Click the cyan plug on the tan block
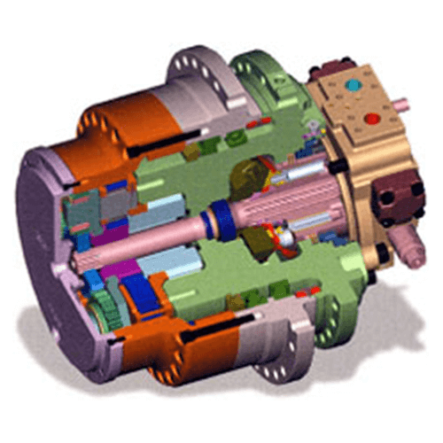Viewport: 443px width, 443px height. click(355, 86)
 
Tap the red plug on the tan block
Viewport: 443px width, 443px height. click(372, 117)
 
